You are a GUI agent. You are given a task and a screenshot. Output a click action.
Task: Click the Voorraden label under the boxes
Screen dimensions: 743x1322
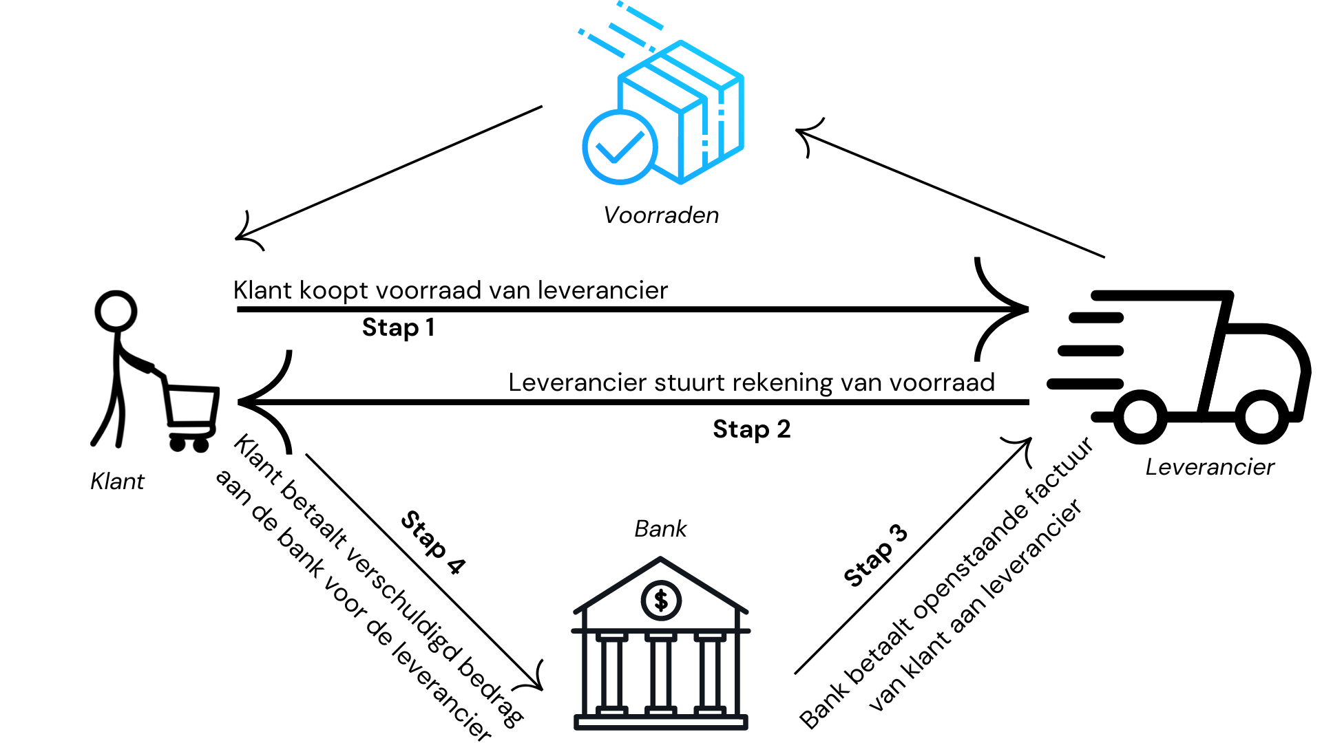[661, 215]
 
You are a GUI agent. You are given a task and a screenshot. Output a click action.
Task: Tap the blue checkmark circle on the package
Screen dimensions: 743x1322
[620, 147]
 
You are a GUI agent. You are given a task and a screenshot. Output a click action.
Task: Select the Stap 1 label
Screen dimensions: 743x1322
[398, 327]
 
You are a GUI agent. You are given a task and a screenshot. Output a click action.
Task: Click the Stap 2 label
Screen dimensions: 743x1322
[751, 429]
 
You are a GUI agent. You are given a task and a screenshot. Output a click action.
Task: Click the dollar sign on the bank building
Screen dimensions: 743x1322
[661, 601]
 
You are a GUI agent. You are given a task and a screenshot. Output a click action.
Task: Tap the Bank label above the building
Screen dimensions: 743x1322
[660, 529]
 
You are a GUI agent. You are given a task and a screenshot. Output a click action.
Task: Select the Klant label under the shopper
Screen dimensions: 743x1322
[117, 482]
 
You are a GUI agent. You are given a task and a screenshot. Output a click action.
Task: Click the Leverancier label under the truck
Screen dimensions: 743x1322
[1210, 467]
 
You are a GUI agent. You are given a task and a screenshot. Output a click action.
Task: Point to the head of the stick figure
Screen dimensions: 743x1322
[116, 311]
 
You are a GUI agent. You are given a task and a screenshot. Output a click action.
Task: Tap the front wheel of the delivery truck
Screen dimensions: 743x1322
[1261, 416]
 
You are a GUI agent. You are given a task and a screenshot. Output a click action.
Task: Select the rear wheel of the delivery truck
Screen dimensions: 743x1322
[1140, 417]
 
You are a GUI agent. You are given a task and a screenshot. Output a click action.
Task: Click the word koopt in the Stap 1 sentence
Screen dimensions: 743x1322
[334, 291]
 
